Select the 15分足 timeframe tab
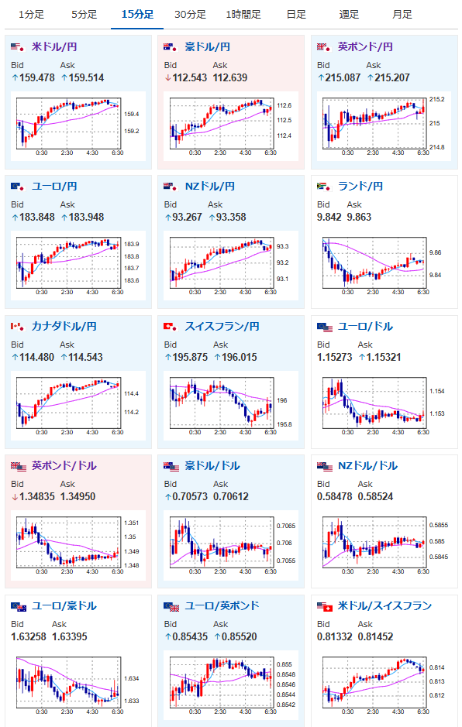(137, 15)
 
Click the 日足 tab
(296, 15)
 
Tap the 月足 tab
(402, 15)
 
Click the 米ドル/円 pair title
(54, 46)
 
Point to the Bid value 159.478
(37, 78)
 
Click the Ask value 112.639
(230, 78)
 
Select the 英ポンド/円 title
(365, 46)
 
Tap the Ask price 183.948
(86, 217)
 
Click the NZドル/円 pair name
(210, 187)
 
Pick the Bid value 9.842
(329, 217)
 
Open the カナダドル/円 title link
(64, 327)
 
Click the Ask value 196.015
(239, 357)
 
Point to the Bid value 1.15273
(335, 357)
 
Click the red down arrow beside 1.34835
(15, 497)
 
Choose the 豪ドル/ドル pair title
(212, 466)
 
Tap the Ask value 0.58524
(376, 496)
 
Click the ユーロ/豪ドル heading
(64, 606)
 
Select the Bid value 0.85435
(190, 636)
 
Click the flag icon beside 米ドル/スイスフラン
(325, 607)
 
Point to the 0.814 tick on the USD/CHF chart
(437, 667)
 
